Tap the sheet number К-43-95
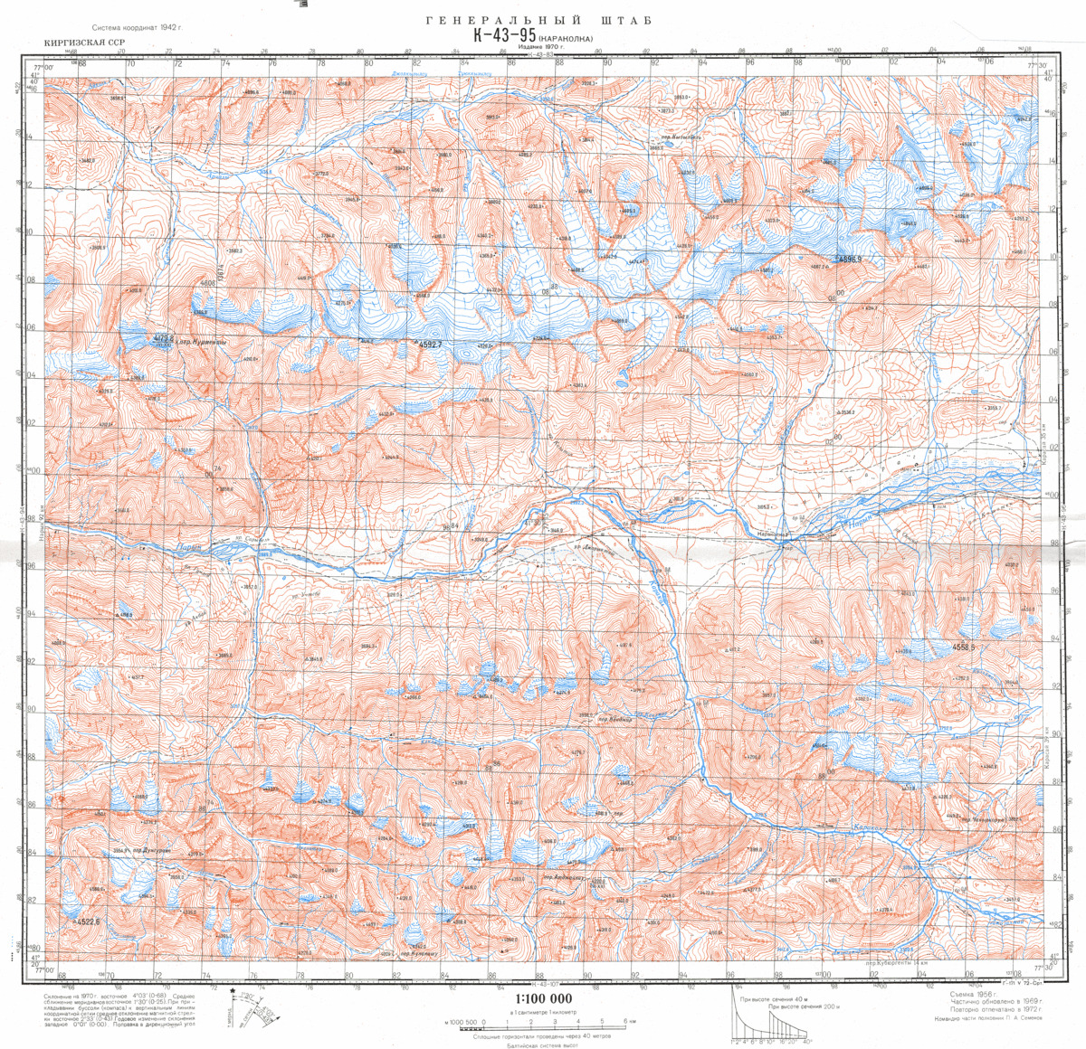pyautogui.click(x=505, y=36)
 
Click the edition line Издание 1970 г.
pyautogui.click(x=535, y=46)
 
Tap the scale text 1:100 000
pyautogui.click(x=541, y=997)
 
